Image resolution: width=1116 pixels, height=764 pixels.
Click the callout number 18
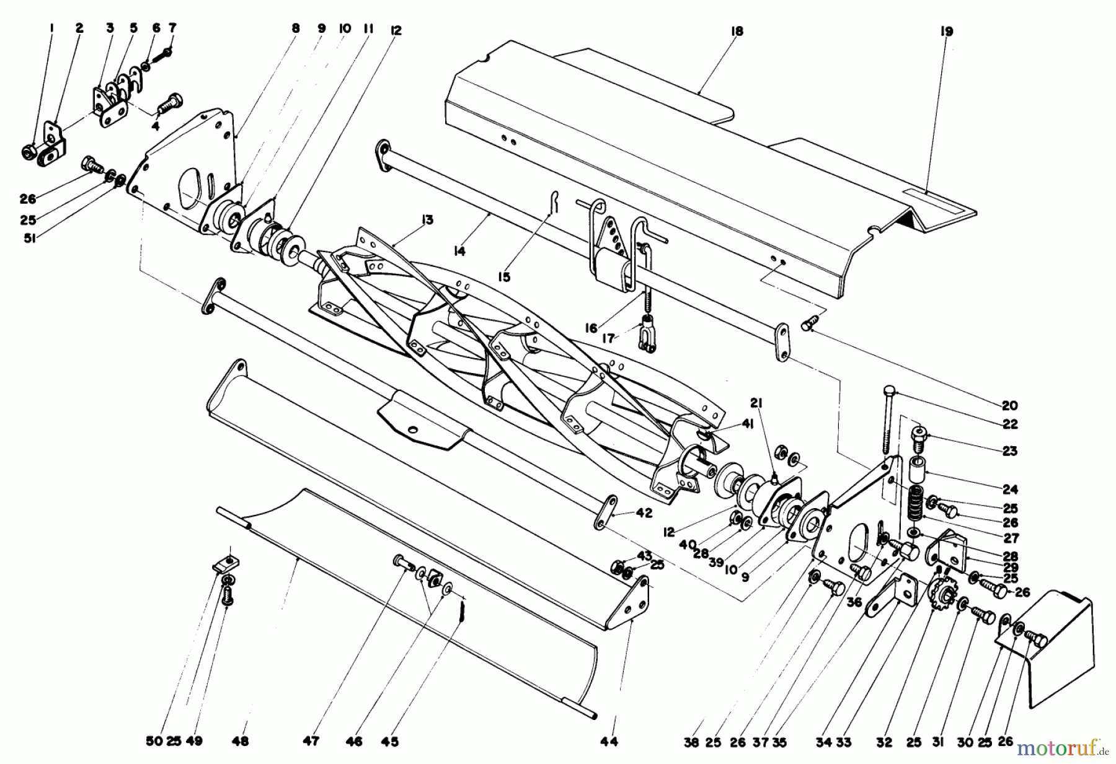coord(737,31)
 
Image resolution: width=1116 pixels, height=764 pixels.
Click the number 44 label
coord(610,740)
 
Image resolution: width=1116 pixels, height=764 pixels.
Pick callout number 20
coord(1009,406)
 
